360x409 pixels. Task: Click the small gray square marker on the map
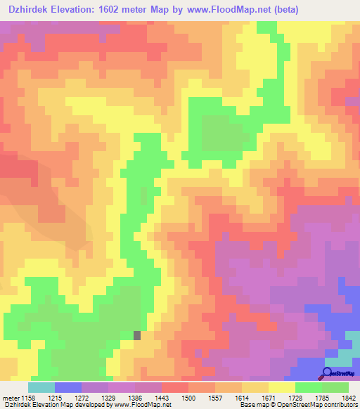coord(137,336)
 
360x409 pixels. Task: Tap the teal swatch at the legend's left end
coord(41,387)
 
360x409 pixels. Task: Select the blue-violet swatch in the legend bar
coord(67,387)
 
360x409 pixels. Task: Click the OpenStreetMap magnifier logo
coord(328,372)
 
